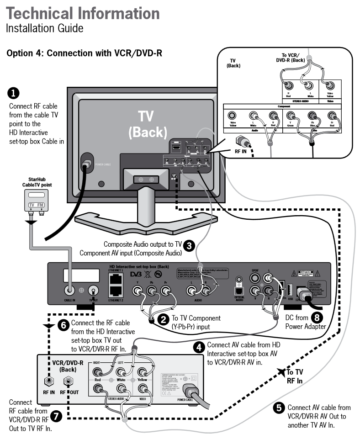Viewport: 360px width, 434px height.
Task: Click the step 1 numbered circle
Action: [15, 94]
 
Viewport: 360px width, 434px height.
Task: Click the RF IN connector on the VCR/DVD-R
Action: [48, 380]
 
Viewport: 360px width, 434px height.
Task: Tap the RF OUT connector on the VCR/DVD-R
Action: [69, 380]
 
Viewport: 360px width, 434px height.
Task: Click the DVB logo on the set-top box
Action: [137, 275]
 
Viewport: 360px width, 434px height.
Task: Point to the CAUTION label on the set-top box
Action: [306, 272]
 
